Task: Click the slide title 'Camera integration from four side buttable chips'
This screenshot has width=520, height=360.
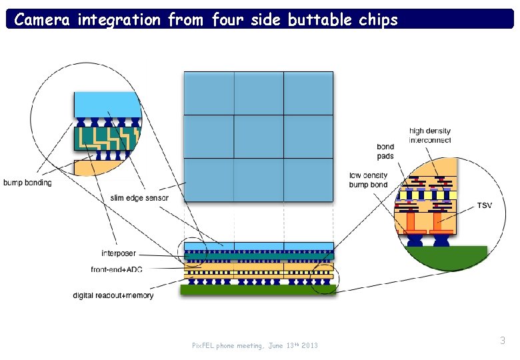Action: [206, 19]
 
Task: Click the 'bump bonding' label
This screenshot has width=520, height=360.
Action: [27, 183]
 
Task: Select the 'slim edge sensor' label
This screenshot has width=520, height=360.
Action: [139, 197]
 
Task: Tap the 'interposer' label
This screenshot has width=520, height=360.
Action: [119, 253]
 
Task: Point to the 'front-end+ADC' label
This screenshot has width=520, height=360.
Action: [117, 269]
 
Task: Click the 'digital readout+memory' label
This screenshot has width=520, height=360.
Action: [113, 295]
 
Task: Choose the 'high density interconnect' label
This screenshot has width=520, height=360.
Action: [430, 135]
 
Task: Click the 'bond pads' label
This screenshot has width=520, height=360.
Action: [385, 151]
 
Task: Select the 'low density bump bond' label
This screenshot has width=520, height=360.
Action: [368, 180]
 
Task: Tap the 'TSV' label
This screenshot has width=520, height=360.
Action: [485, 205]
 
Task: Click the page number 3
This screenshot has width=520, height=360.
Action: [503, 341]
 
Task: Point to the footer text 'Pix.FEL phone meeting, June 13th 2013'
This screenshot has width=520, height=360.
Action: [255, 345]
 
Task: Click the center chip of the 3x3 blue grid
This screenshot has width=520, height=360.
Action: [259, 137]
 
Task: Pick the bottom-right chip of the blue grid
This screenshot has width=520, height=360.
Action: [308, 179]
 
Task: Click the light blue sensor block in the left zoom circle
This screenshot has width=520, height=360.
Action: [107, 105]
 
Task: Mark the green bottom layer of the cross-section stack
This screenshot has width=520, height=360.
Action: [258, 290]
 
